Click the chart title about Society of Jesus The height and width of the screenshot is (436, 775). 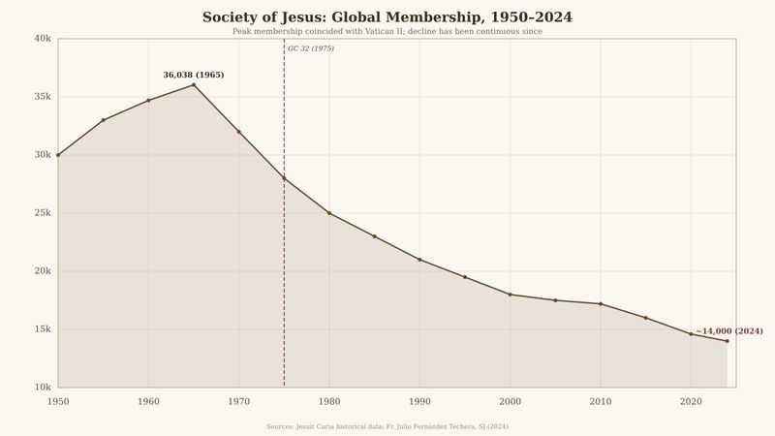[387, 17]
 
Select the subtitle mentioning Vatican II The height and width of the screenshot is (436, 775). [387, 32]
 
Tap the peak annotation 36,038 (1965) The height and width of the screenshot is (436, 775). [194, 75]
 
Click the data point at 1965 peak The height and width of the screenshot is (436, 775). [194, 85]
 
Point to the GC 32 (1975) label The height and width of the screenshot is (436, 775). [311, 48]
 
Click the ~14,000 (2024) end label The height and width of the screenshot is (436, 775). [729, 331]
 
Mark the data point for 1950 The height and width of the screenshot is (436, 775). [58, 155]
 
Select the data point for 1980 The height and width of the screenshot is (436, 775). [329, 213]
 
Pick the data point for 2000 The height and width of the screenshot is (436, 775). [511, 295]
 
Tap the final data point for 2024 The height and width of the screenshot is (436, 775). [727, 341]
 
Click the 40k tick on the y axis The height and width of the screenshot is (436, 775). [43, 39]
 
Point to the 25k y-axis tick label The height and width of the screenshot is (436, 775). [43, 213]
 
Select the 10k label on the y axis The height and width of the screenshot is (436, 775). [43, 388]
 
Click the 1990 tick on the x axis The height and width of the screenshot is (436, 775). [419, 401]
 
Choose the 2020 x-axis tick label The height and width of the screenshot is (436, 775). [691, 401]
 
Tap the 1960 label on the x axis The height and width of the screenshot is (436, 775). [148, 401]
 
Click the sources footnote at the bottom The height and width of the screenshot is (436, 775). [387, 426]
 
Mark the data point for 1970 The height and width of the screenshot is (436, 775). [239, 132]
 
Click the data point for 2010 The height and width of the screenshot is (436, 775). [601, 304]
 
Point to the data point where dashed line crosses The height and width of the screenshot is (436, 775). [284, 178]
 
